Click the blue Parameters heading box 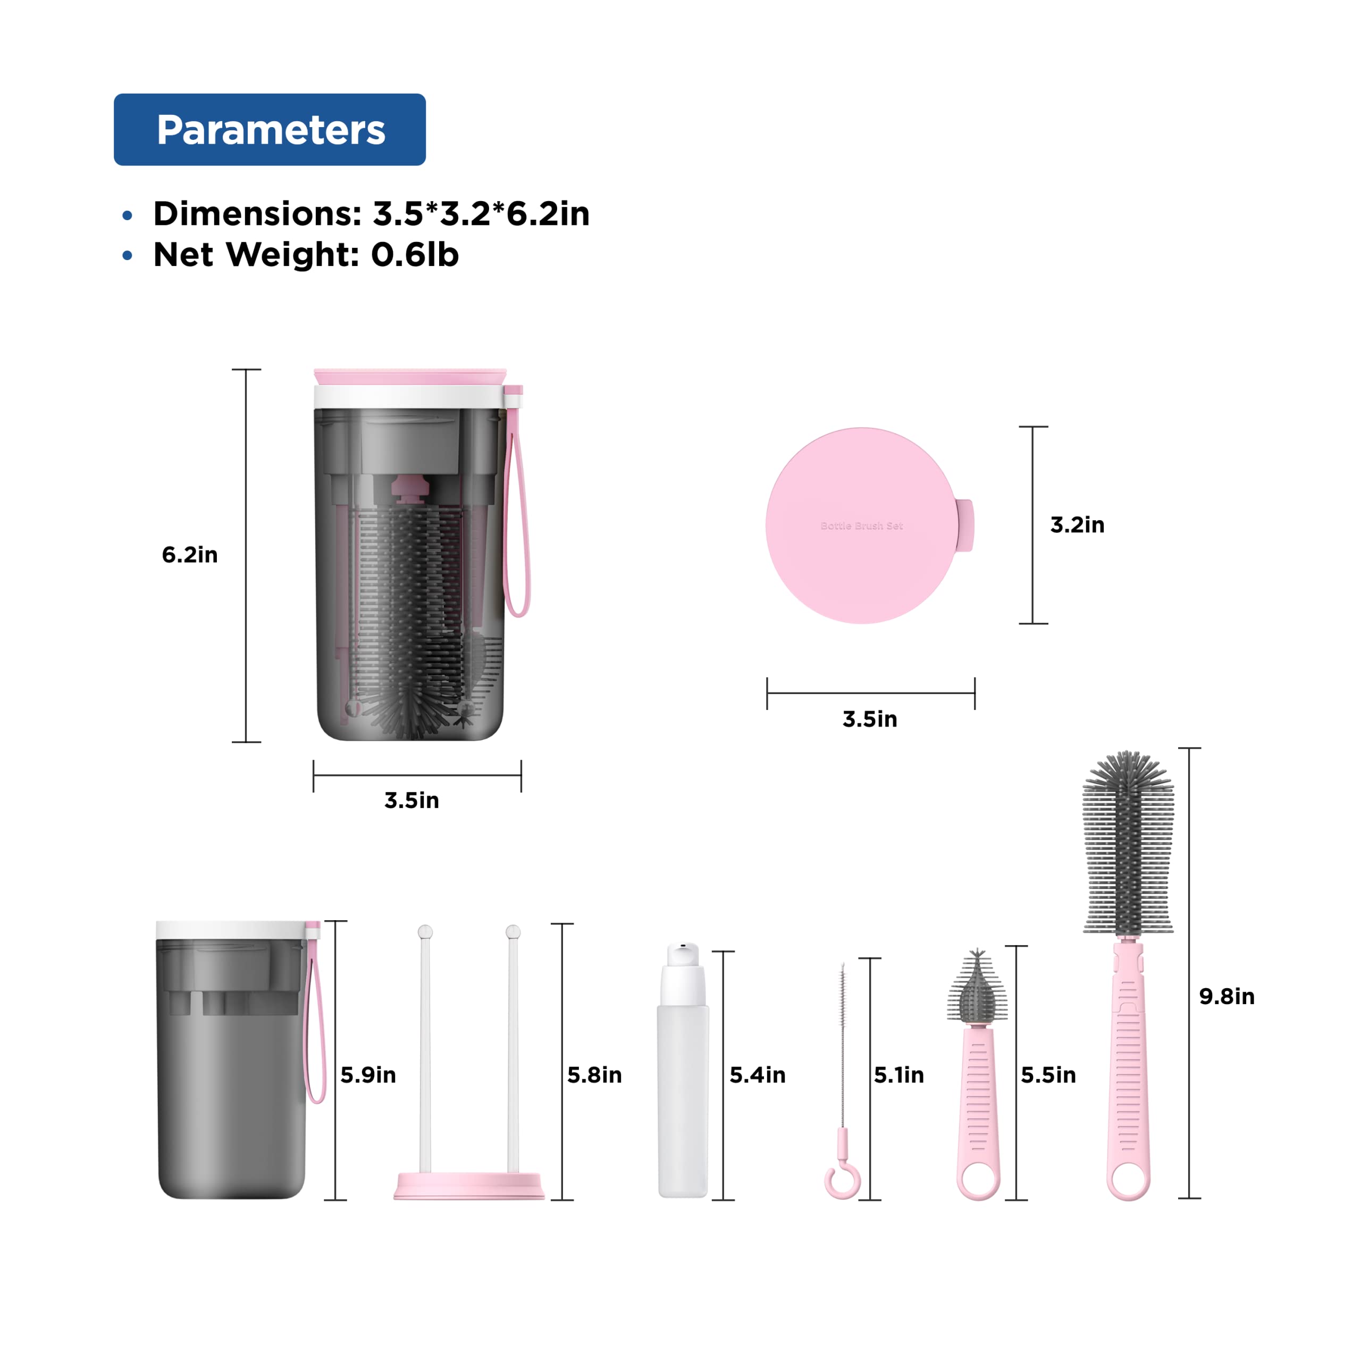(269, 130)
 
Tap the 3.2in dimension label (1077, 524)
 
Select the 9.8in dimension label (1226, 996)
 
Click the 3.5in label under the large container (411, 800)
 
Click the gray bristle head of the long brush (1128, 846)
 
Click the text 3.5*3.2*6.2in (481, 213)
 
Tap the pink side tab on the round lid (964, 525)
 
